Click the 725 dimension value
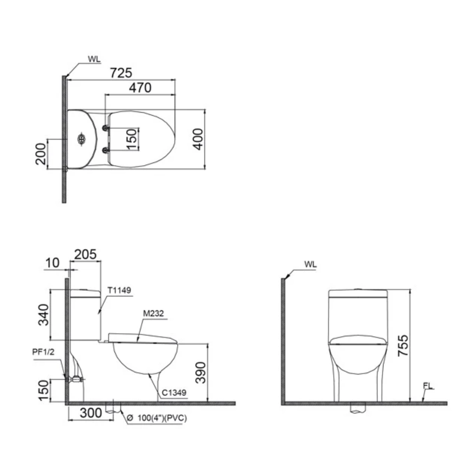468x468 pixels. tap(121, 73)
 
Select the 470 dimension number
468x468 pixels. tap(140, 88)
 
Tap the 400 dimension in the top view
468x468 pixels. tap(198, 139)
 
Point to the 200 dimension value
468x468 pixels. tap(41, 154)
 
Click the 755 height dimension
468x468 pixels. tap(403, 345)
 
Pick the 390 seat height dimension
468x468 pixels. tap(201, 373)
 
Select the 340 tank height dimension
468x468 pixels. tap(43, 315)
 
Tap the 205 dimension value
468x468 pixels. tap(85, 255)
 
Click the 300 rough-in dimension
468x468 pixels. tap(91, 413)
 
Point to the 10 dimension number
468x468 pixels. tap(52, 263)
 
